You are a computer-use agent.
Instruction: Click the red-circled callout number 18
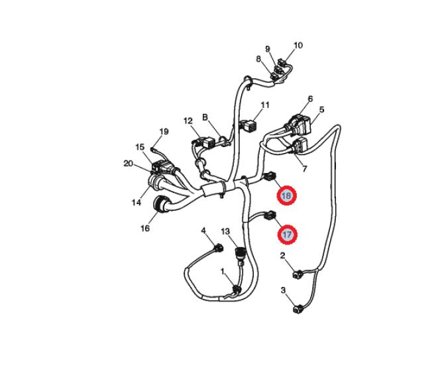[286, 195]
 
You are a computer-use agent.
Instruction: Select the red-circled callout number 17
[287, 235]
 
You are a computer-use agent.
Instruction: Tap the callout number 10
[298, 45]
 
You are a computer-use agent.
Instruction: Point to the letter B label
[205, 117]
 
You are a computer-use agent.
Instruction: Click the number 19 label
[164, 132]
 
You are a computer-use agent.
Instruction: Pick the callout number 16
[145, 228]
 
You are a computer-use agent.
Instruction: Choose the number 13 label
[225, 232]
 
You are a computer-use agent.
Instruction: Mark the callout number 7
[304, 169]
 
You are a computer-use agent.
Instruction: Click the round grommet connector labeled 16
[160, 203]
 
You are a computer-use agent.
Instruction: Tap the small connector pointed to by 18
[270, 176]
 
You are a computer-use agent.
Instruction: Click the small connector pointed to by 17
[270, 215]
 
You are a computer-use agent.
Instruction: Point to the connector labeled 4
[219, 248]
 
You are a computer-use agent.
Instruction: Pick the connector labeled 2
[298, 274]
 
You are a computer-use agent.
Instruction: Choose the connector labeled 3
[298, 309]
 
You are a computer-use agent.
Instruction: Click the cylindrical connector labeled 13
[240, 252]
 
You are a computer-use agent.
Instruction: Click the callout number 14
[137, 202]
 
